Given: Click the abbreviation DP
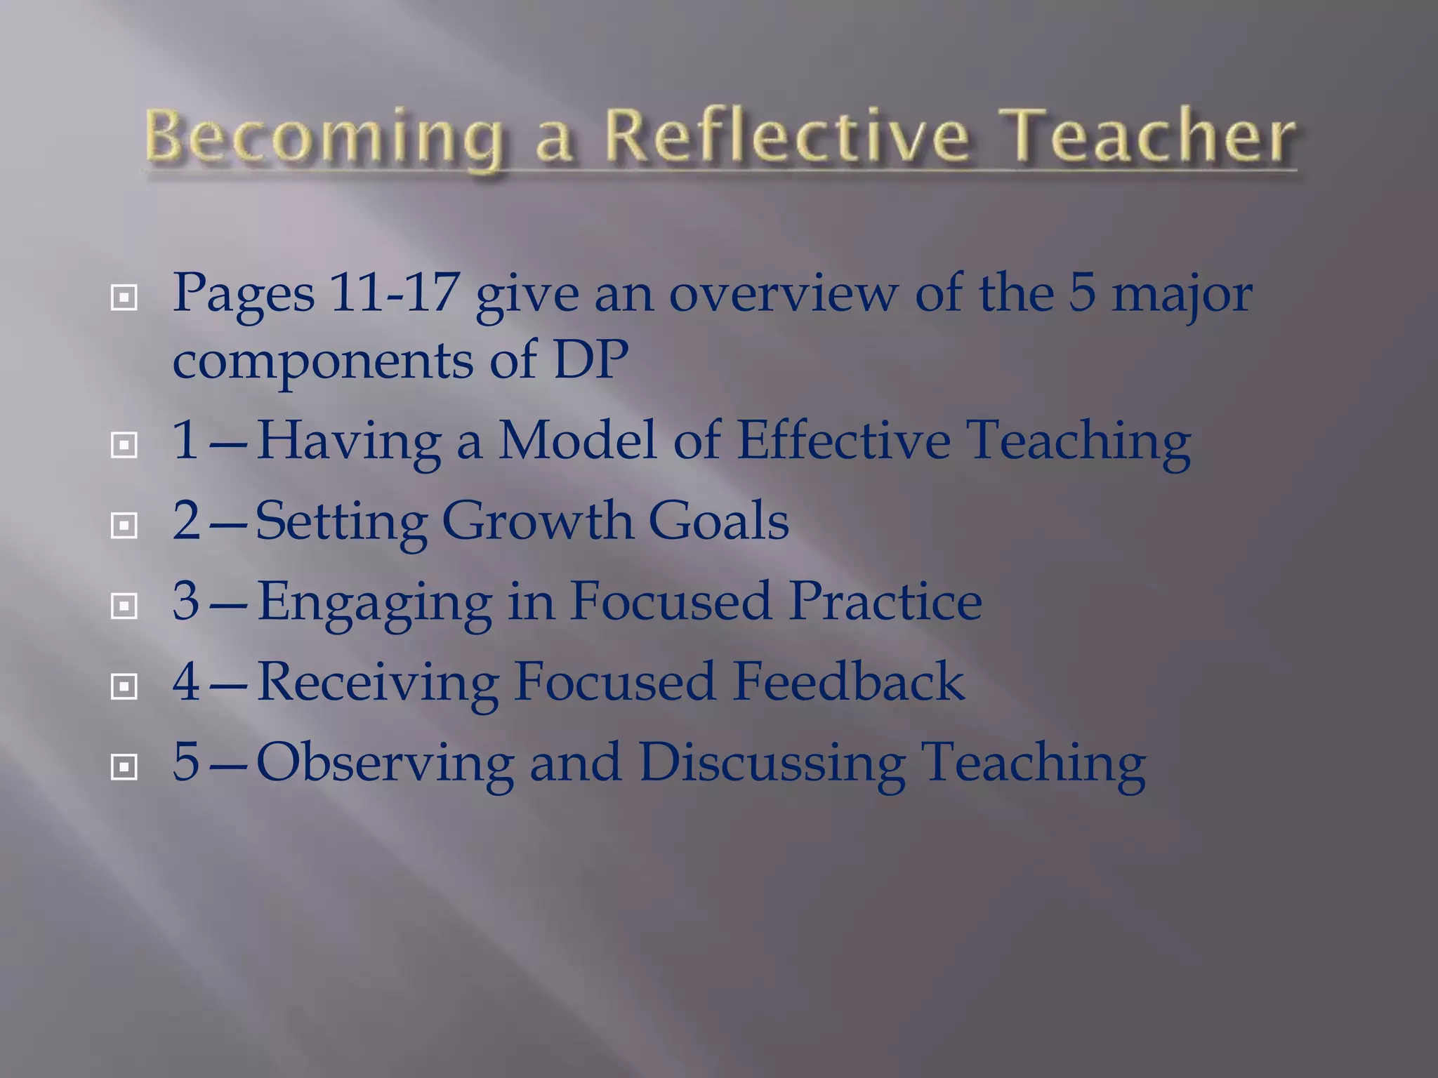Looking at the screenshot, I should pyautogui.click(x=591, y=359).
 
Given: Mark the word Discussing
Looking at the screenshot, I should pyautogui.click(x=772, y=764).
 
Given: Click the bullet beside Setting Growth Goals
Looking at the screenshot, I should pyautogui.click(x=124, y=525).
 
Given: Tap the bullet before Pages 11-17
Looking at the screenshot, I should pyautogui.click(x=124, y=298).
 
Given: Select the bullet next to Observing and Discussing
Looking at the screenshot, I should pyautogui.click(x=124, y=767).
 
